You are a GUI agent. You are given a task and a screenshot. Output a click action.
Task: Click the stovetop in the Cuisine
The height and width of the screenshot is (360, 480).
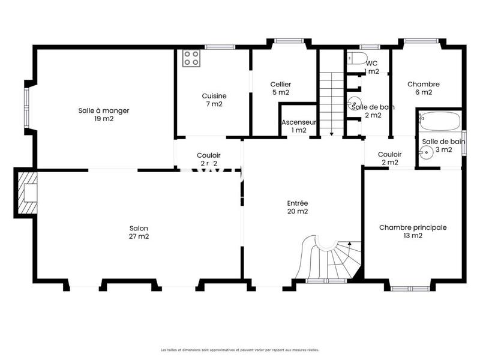pos(191,58)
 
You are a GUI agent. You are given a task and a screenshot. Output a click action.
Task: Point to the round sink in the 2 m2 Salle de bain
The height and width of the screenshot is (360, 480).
pos(354,103)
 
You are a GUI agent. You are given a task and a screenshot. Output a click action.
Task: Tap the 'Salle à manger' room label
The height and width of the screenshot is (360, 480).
pos(104,110)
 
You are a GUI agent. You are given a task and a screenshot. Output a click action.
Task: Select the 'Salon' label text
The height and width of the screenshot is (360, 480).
pos(139,228)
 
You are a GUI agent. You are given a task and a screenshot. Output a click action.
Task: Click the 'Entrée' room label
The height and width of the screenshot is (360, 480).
pos(297,203)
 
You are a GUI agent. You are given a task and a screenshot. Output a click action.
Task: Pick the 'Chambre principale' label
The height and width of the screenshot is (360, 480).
pos(413,227)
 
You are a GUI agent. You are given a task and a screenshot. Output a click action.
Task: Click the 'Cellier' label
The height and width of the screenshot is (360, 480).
pos(281,85)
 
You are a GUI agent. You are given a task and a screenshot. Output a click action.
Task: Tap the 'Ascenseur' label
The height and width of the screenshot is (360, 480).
pos(298,122)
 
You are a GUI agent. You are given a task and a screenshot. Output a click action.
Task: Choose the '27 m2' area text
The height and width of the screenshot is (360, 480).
pos(139,236)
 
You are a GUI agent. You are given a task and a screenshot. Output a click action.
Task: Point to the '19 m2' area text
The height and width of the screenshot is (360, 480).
pos(104,119)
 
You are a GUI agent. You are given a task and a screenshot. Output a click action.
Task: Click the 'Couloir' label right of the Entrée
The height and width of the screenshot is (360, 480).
pos(389,154)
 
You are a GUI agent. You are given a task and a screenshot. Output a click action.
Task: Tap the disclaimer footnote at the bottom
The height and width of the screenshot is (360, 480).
pos(239,349)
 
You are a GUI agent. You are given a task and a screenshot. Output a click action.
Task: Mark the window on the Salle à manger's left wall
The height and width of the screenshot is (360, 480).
pos(26,108)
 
